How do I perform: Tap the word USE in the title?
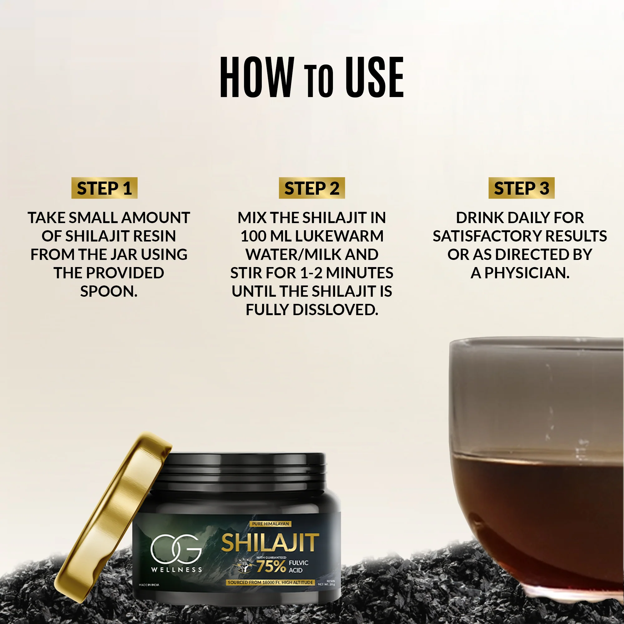tap(374, 77)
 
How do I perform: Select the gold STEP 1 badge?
tap(104, 188)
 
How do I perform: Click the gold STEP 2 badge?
tap(312, 188)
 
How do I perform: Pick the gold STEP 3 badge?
tap(521, 188)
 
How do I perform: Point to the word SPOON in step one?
tap(108, 292)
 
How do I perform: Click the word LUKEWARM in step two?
tap(339, 236)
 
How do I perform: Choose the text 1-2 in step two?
tap(311, 273)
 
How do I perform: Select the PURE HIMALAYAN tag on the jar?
tap(270, 524)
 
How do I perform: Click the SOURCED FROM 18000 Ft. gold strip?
tap(270, 582)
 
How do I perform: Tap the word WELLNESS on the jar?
tap(176, 569)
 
